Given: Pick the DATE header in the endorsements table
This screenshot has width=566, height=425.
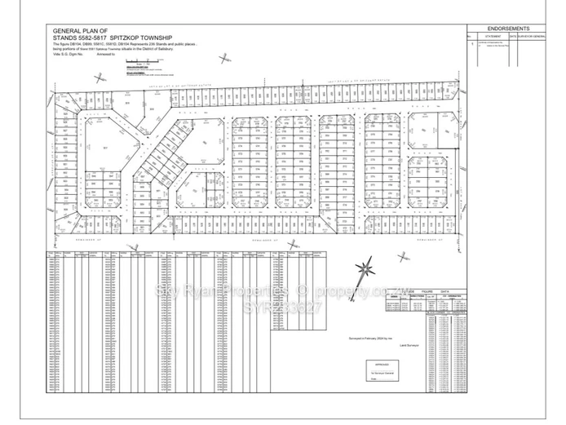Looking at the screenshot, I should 512,37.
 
